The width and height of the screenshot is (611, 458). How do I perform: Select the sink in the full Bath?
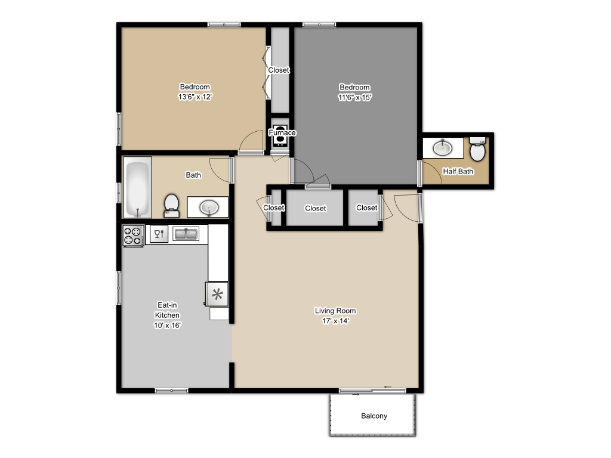click(209, 207)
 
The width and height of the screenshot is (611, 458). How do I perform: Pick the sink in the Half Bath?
click(442, 147)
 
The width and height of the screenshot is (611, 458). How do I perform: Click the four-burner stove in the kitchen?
click(133, 235)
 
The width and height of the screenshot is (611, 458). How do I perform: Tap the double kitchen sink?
click(186, 234)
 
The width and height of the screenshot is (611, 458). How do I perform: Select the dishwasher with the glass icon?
click(159, 234)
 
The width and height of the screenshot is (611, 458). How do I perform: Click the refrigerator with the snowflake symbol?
click(217, 293)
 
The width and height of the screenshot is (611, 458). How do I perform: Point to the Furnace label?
click(282, 132)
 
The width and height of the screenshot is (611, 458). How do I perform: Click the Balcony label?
click(374, 416)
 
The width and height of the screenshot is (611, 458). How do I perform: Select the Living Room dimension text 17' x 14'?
click(335, 320)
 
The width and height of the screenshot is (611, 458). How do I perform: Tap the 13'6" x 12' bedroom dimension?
click(195, 97)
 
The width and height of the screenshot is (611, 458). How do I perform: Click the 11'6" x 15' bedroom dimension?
click(354, 97)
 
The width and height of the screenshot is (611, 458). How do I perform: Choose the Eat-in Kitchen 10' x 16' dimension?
click(167, 325)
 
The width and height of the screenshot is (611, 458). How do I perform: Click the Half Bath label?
click(458, 171)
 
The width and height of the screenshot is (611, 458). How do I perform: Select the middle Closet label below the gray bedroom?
click(315, 208)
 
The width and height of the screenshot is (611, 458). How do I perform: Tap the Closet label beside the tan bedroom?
click(279, 70)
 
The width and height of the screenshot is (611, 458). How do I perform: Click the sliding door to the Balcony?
click(372, 391)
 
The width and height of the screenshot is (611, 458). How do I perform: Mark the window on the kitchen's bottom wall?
click(172, 391)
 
